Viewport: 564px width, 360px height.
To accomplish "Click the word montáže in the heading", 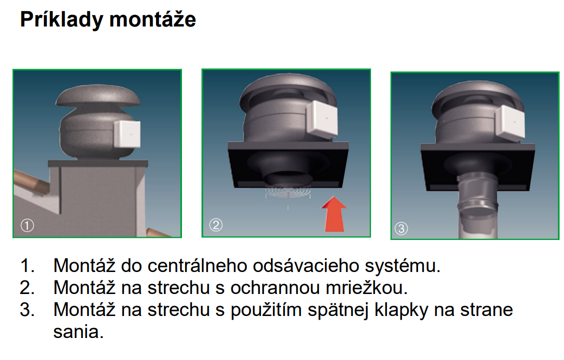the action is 152,19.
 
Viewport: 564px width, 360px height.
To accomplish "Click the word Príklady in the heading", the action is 61,20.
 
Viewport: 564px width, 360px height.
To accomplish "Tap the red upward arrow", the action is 334,214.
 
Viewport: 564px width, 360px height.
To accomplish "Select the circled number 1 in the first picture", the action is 27,225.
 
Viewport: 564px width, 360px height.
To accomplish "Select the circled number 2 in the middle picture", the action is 216,225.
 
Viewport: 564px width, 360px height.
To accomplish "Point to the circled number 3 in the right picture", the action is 401,228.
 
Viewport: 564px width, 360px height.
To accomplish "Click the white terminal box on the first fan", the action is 127,134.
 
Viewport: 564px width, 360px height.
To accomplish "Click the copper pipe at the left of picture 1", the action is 31,181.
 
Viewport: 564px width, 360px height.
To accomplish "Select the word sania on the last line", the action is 78,331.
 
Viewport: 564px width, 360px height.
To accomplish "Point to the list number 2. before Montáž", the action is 27,288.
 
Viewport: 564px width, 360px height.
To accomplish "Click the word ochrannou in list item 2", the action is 275,287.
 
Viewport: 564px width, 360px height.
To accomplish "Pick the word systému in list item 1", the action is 402,266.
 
